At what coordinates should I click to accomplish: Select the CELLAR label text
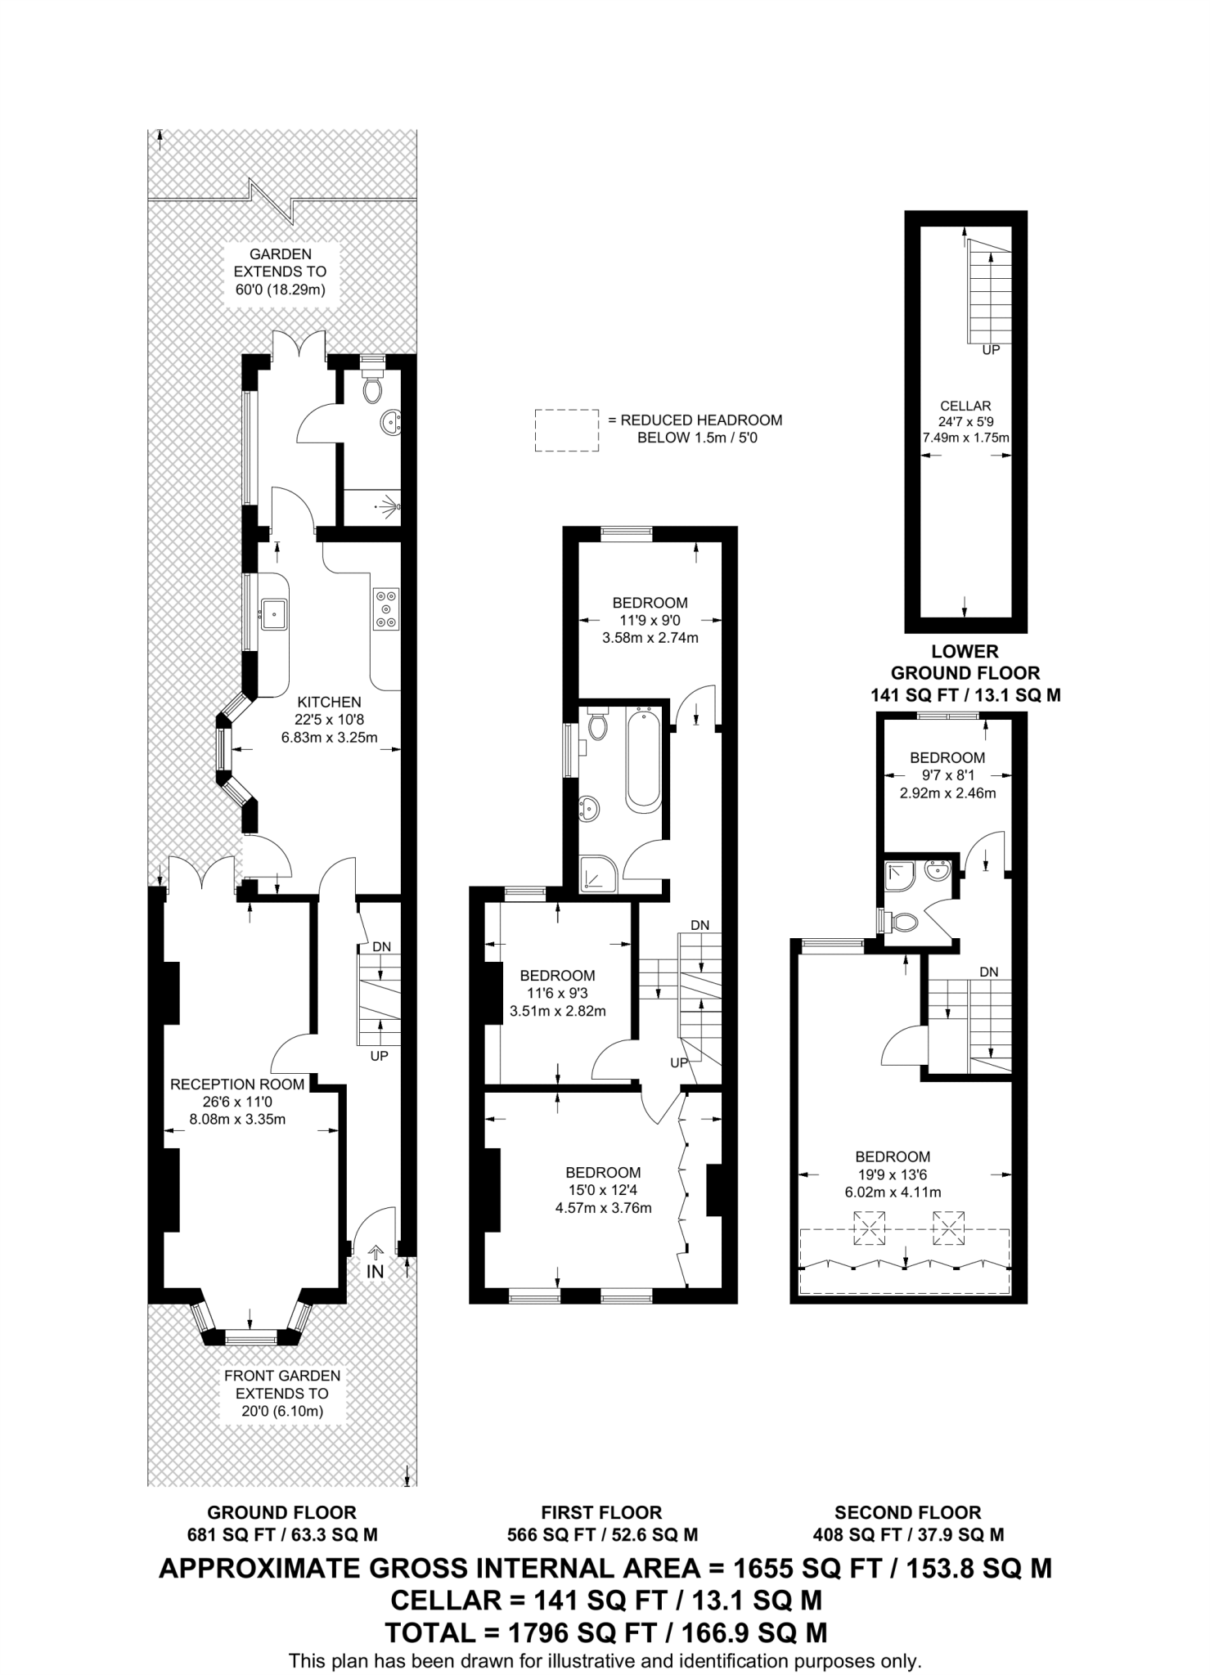[965, 406]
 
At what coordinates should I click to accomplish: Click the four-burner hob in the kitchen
[385, 609]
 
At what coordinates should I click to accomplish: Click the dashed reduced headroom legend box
[566, 430]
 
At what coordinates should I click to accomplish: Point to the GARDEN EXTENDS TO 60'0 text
[281, 272]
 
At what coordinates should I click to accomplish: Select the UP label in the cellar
[991, 349]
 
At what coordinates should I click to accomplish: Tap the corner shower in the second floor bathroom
[900, 876]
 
